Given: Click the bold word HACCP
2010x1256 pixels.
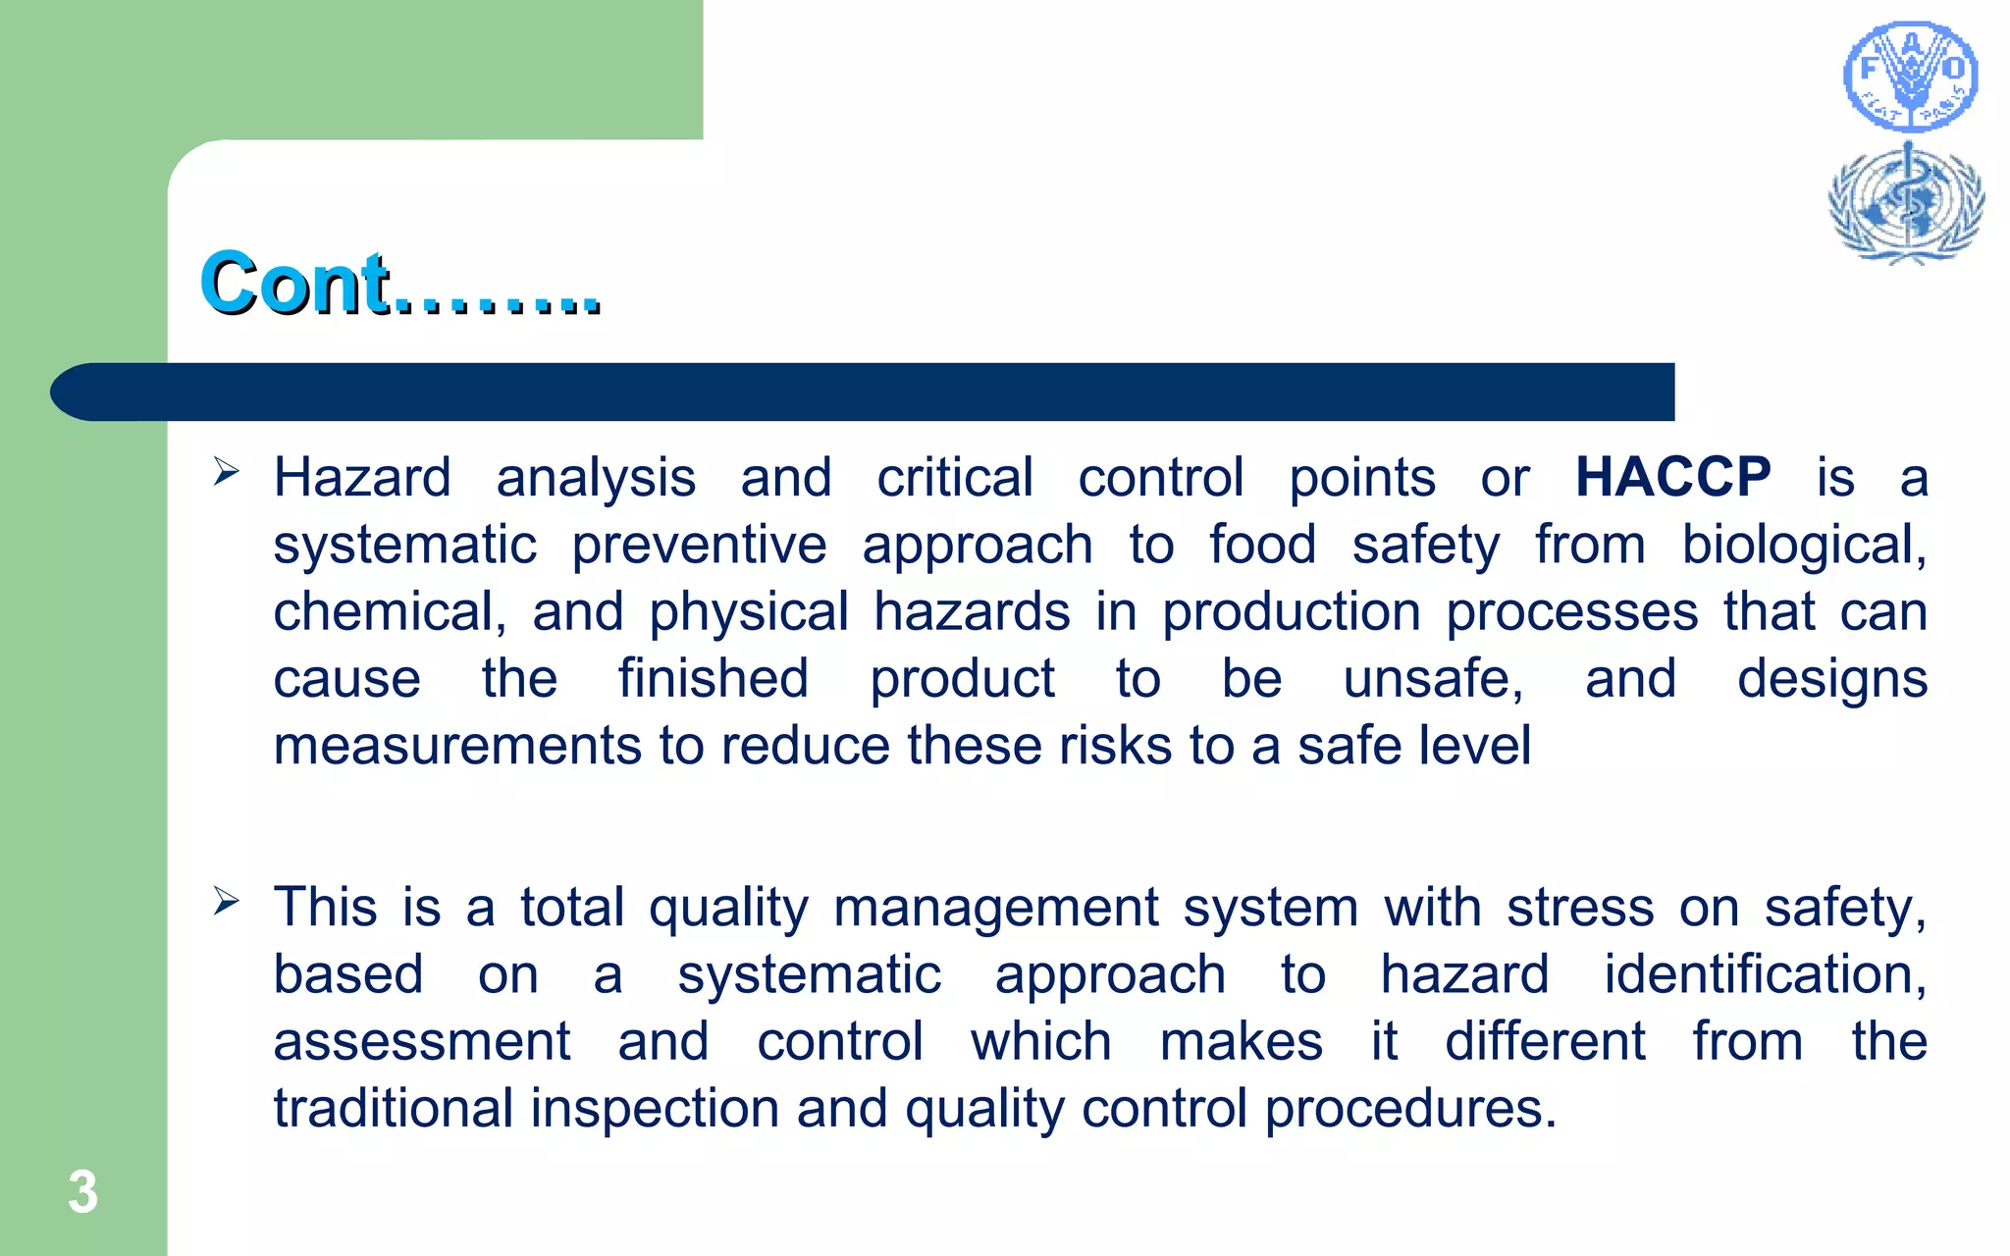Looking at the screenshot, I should [x=1672, y=478].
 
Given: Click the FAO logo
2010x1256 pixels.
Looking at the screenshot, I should [x=1910, y=77].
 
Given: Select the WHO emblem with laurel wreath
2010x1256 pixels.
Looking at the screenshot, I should [x=1906, y=203].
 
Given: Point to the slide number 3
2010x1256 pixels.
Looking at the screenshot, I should [x=83, y=1192].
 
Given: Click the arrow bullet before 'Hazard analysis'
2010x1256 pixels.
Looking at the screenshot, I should [x=226, y=472].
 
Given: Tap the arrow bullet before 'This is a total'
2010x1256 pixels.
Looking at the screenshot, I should [x=226, y=901].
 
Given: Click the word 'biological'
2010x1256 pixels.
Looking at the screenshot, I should [x=1803, y=545].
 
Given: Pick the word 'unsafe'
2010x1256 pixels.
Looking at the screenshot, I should [x=1432, y=678].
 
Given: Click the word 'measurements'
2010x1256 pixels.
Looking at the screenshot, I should [x=457, y=746].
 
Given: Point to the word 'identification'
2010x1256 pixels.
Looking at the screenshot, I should [x=1764, y=974].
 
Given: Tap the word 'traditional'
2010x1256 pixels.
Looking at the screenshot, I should [x=394, y=1108].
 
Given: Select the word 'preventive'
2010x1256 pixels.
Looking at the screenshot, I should [x=699, y=545].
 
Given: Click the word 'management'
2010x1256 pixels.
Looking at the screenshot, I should [x=996, y=908].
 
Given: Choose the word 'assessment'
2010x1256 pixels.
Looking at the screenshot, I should [x=422, y=1041].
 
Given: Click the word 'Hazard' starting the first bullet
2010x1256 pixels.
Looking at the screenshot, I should [x=362, y=478].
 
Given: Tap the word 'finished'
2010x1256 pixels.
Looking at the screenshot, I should [x=714, y=678].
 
